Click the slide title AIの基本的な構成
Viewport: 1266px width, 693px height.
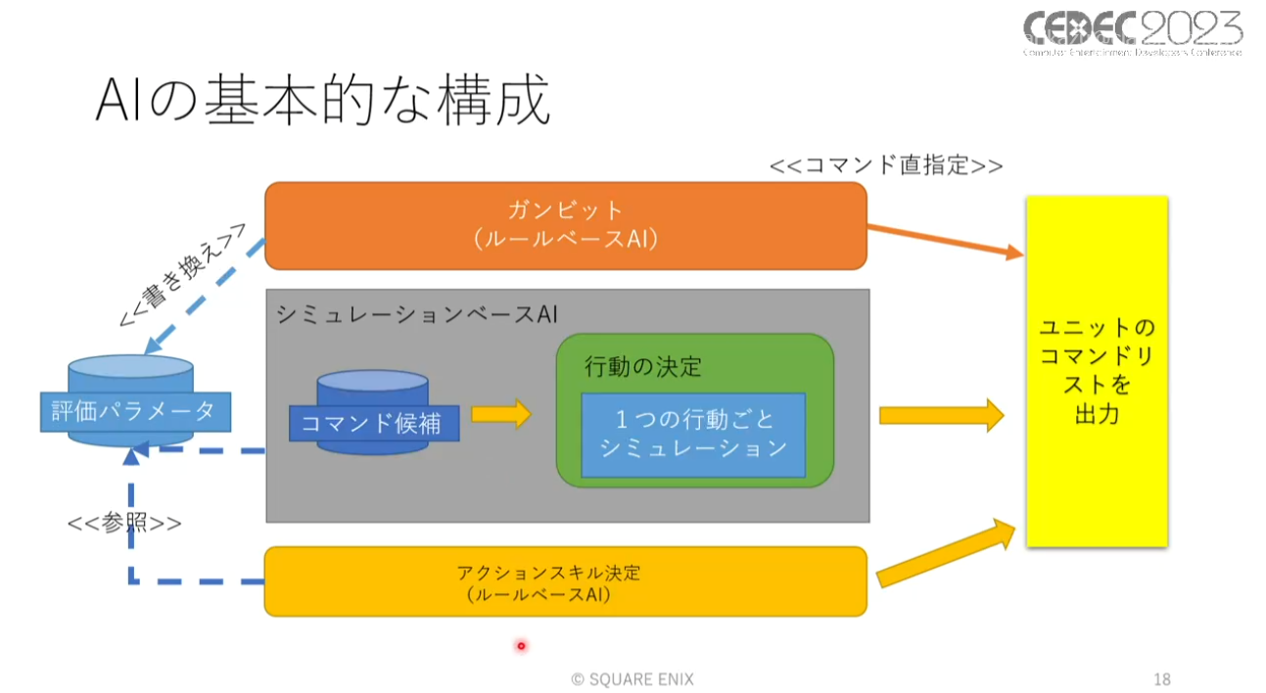322,102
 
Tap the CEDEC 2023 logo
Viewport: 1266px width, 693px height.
1133,34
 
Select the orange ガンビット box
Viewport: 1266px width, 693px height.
566,225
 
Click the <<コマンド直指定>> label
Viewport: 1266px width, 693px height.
886,165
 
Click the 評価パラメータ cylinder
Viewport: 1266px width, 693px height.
131,409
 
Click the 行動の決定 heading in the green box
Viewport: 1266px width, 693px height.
643,367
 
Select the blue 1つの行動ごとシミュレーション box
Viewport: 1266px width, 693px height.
693,435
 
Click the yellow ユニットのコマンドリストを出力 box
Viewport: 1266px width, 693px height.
1097,371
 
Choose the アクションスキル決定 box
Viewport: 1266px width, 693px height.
566,581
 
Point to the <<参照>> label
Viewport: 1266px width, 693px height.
124,523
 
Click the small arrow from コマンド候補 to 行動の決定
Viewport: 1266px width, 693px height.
500,414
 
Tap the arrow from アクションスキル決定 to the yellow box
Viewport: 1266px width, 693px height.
946,554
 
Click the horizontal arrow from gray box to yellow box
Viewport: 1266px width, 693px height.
941,415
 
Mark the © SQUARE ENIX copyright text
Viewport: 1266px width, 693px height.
632,678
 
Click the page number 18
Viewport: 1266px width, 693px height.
1162,678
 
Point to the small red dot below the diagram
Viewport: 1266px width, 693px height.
521,645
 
